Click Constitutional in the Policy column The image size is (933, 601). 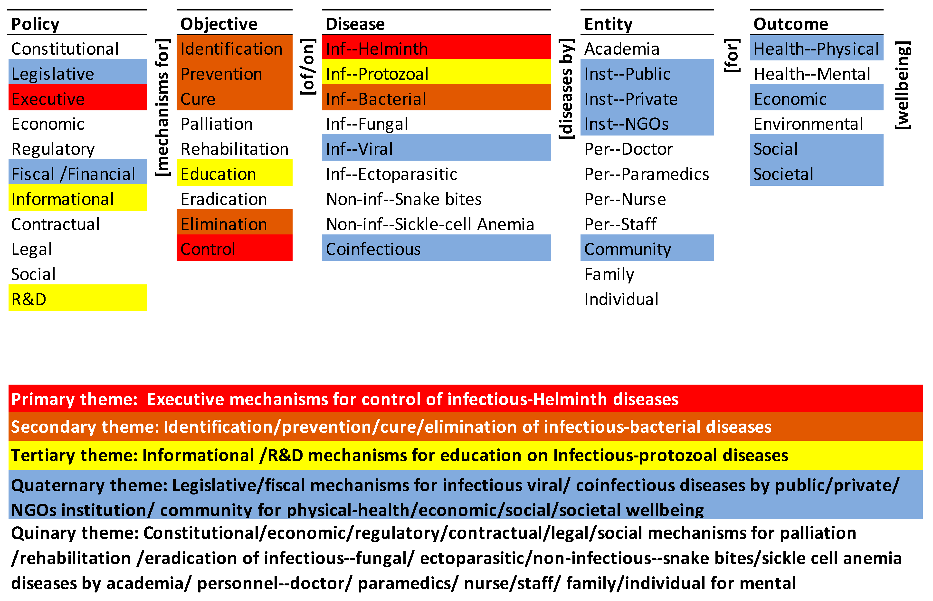pyautogui.click(x=65, y=49)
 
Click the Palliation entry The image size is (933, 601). pyautogui.click(x=217, y=124)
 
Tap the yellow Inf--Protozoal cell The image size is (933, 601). pyautogui.click(x=437, y=73)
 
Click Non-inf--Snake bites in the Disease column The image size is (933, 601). pyautogui.click(x=404, y=199)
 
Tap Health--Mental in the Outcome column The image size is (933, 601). pyautogui.click(x=812, y=74)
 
